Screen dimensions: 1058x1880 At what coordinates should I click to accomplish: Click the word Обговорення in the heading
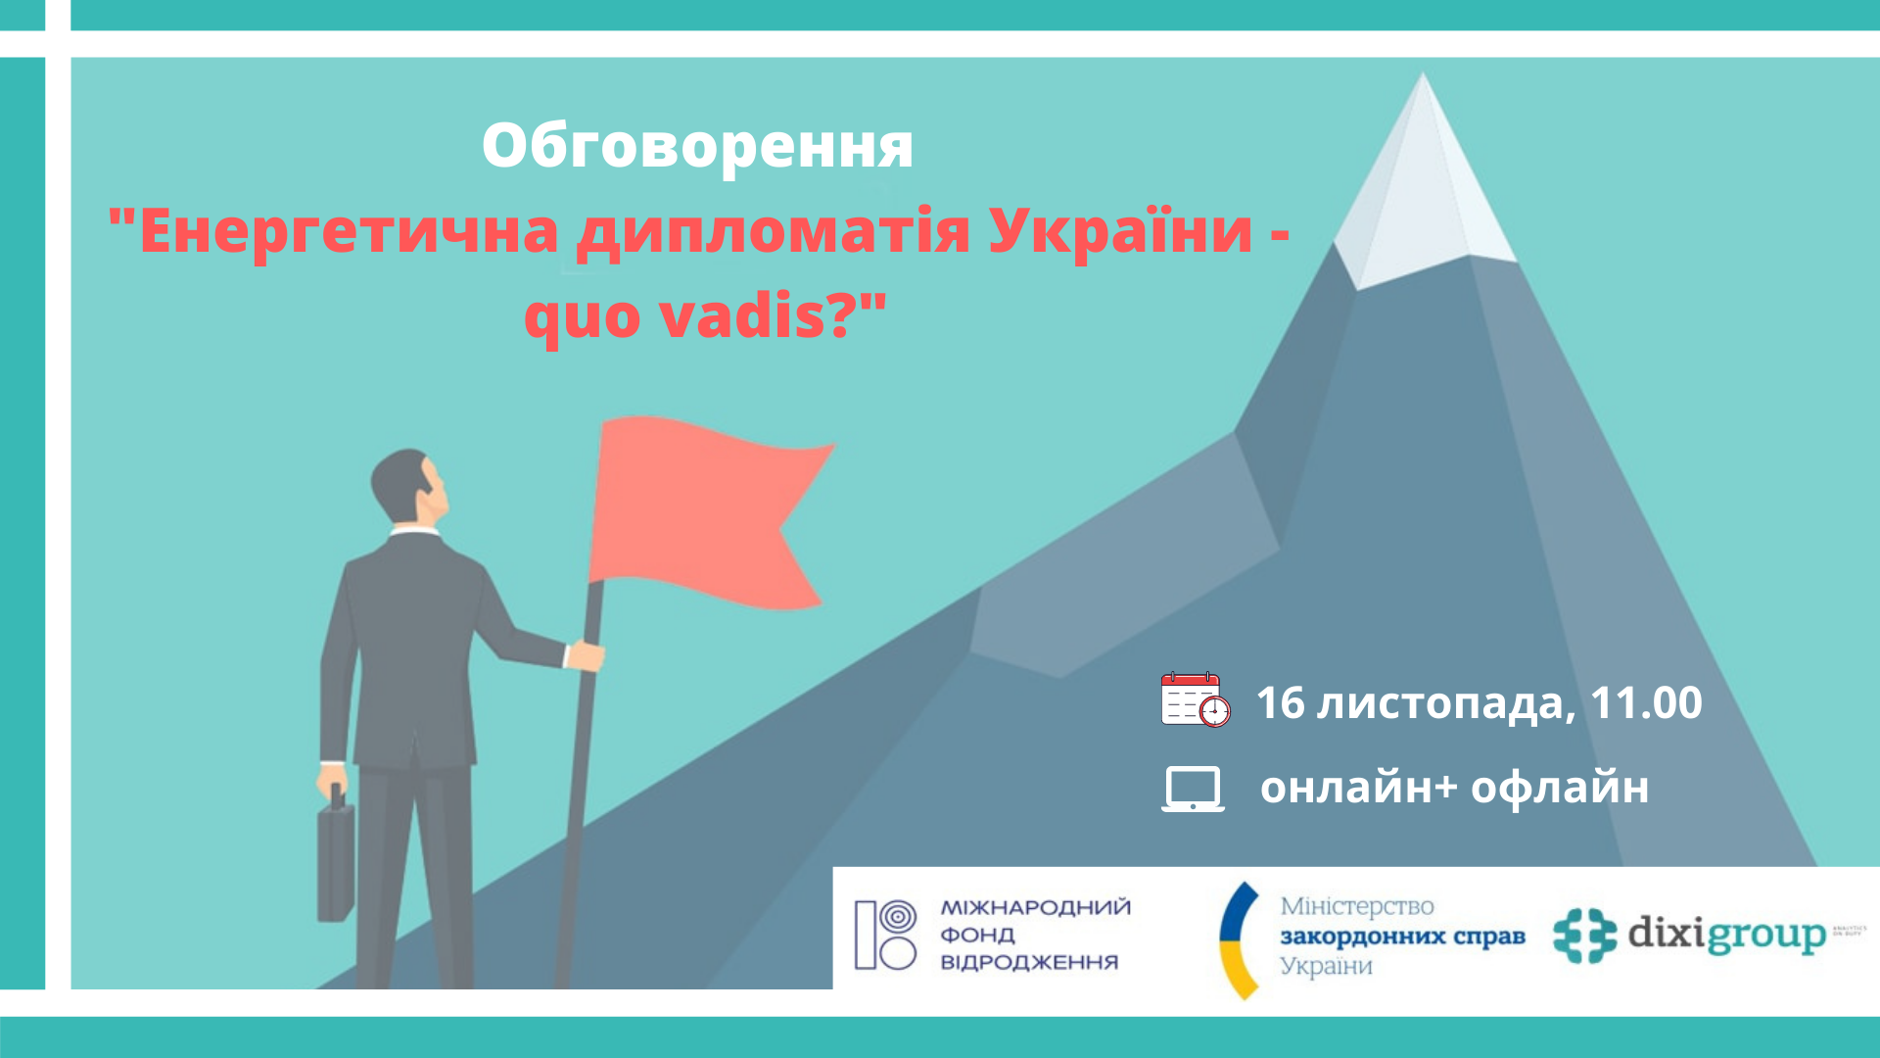point(697,145)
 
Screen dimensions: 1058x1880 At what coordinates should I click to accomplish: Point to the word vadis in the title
point(744,316)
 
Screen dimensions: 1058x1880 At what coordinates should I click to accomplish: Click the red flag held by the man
point(705,509)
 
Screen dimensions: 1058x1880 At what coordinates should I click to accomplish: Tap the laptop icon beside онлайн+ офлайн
point(1193,789)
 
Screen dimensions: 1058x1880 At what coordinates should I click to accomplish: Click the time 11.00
point(1646,702)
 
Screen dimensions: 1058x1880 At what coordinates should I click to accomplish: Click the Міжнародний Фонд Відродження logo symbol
point(885,935)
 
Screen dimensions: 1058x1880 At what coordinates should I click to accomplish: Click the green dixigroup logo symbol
point(1584,936)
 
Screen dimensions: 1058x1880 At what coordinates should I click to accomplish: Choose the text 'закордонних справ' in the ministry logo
point(1402,937)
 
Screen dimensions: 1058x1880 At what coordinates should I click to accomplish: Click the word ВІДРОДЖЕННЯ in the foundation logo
point(1028,962)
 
